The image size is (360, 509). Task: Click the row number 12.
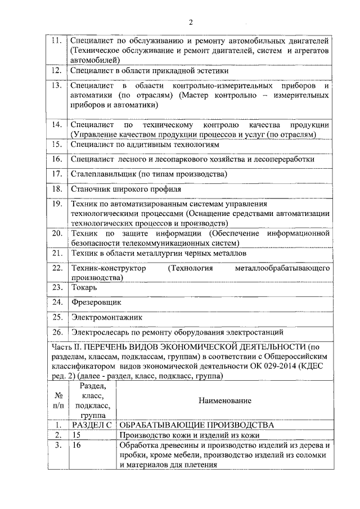click(x=56, y=71)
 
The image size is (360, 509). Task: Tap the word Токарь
click(x=85, y=287)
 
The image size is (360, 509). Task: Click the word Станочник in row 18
click(x=90, y=189)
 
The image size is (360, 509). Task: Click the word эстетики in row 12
click(x=210, y=71)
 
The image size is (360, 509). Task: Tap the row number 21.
click(x=56, y=254)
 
